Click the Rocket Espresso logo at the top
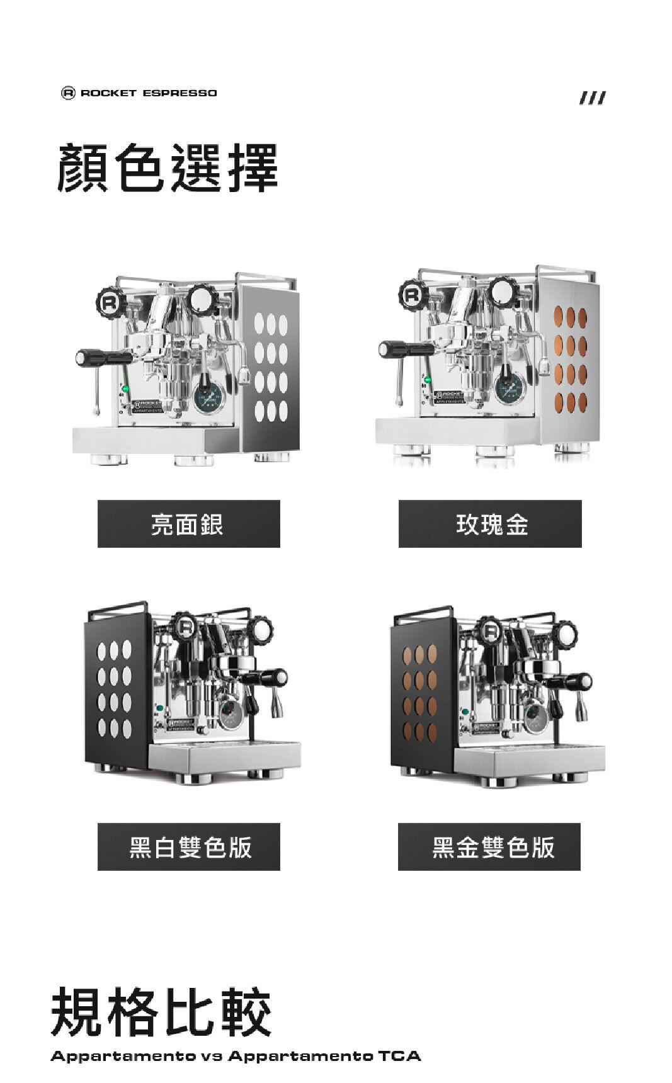pyautogui.click(x=139, y=93)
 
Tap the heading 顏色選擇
pyautogui.click(x=168, y=168)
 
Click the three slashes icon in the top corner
pyautogui.click(x=593, y=98)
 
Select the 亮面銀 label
pyautogui.click(x=188, y=524)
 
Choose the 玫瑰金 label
pyautogui.click(x=489, y=524)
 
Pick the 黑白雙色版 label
pyautogui.click(x=188, y=847)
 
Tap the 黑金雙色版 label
pyautogui.click(x=489, y=847)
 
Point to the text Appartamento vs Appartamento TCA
pyautogui.click(x=236, y=1056)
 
